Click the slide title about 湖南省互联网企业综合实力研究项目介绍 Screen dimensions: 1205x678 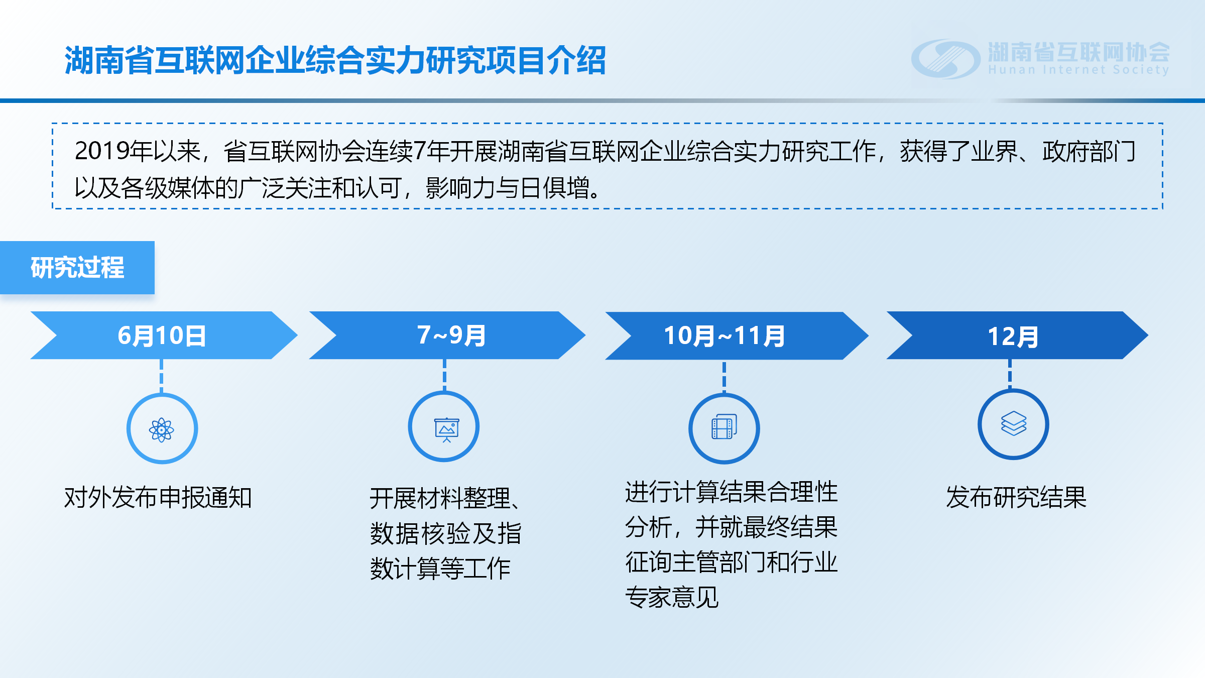coord(335,60)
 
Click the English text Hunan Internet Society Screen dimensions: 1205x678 coord(1078,70)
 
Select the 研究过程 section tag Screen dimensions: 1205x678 coord(77,267)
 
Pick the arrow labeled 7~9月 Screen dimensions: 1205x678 coord(447,335)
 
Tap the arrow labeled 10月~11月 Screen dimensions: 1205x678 coord(737,335)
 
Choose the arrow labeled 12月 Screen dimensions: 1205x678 coord(1017,335)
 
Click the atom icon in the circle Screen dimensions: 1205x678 coord(162,430)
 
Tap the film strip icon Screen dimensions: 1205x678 coord(724,426)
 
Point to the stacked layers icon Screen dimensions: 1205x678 coord(1014,423)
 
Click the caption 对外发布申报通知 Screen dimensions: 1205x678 coord(158,498)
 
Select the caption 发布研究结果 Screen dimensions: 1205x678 coord(1016,498)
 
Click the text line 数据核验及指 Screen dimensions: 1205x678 coord(446,533)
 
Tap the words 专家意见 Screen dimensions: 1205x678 coord(672,597)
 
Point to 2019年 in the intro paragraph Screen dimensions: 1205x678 coord(113,151)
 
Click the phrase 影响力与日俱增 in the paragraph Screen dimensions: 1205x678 coord(507,188)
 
